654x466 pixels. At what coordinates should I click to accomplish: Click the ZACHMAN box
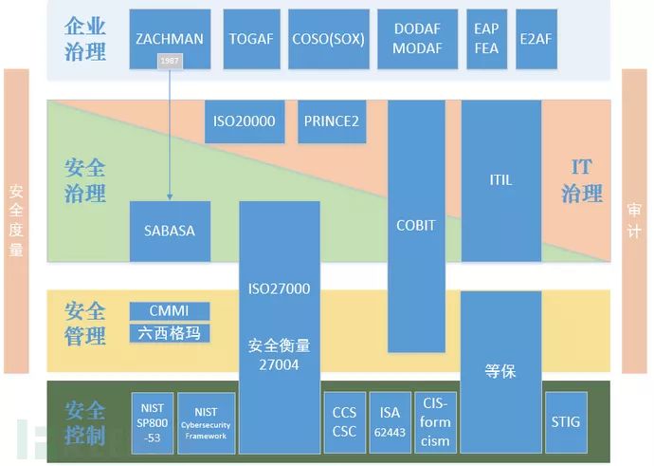click(170, 38)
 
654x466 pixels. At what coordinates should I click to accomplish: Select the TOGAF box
click(250, 38)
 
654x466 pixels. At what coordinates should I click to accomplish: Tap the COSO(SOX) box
click(325, 38)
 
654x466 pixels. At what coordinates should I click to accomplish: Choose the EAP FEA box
click(486, 38)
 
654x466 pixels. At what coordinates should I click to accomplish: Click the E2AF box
click(537, 38)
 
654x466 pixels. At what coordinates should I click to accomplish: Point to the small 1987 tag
click(170, 62)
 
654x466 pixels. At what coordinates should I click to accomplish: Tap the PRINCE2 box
click(332, 121)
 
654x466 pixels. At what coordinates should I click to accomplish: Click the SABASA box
click(170, 231)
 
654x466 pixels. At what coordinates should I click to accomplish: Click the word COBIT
click(416, 225)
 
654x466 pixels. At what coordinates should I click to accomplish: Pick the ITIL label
click(500, 179)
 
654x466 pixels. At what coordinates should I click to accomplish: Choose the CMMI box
click(170, 311)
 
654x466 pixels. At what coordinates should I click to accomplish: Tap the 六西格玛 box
click(170, 333)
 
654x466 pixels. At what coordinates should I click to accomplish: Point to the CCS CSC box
click(344, 420)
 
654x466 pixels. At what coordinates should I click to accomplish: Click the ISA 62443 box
click(390, 420)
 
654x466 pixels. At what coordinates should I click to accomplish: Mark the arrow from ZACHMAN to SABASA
click(170, 133)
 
